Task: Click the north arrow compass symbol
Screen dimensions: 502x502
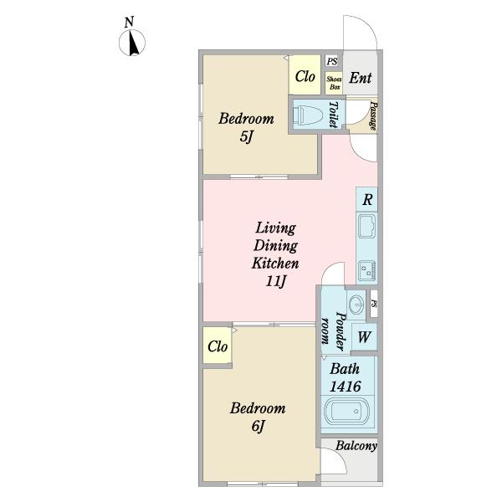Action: tap(132, 43)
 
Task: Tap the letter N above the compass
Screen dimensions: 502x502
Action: tap(129, 23)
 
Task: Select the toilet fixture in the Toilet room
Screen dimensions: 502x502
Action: tap(308, 115)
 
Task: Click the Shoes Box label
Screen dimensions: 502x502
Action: tap(334, 83)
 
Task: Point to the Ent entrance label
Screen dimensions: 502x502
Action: tap(360, 78)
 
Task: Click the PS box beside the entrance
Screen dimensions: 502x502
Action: tap(333, 61)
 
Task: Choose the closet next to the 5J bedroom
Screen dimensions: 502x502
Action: tap(305, 75)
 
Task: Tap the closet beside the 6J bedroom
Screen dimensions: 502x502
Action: tap(218, 346)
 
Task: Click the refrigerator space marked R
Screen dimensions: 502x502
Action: tap(367, 199)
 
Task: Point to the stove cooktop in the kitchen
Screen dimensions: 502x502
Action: tap(367, 271)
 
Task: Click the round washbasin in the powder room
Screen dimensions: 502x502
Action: tap(356, 303)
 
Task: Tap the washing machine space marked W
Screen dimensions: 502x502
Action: tap(364, 337)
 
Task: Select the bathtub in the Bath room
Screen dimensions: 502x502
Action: tap(346, 411)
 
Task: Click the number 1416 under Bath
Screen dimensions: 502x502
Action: tap(346, 387)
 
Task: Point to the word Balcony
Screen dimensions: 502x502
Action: tap(356, 446)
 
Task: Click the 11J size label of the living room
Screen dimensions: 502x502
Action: tap(275, 281)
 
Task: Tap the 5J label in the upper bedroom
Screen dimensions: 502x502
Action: tap(246, 137)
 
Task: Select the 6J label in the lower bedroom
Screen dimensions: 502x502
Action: tap(258, 426)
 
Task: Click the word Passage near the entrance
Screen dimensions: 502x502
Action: tap(373, 115)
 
